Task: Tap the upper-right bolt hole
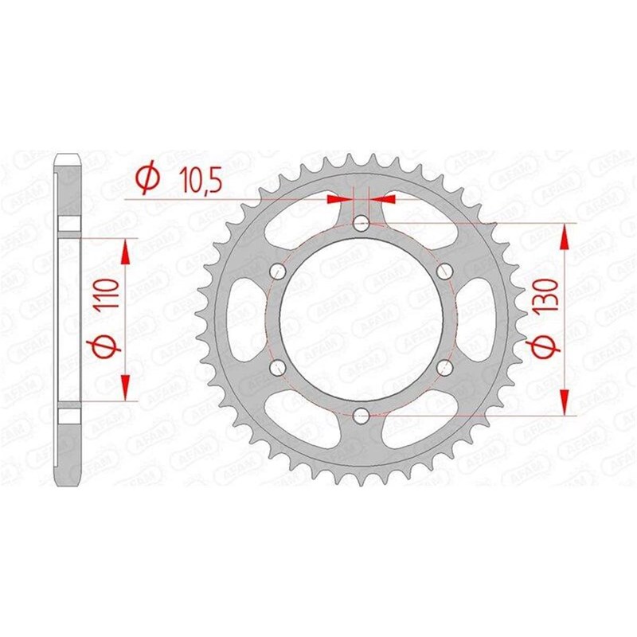click(445, 271)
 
